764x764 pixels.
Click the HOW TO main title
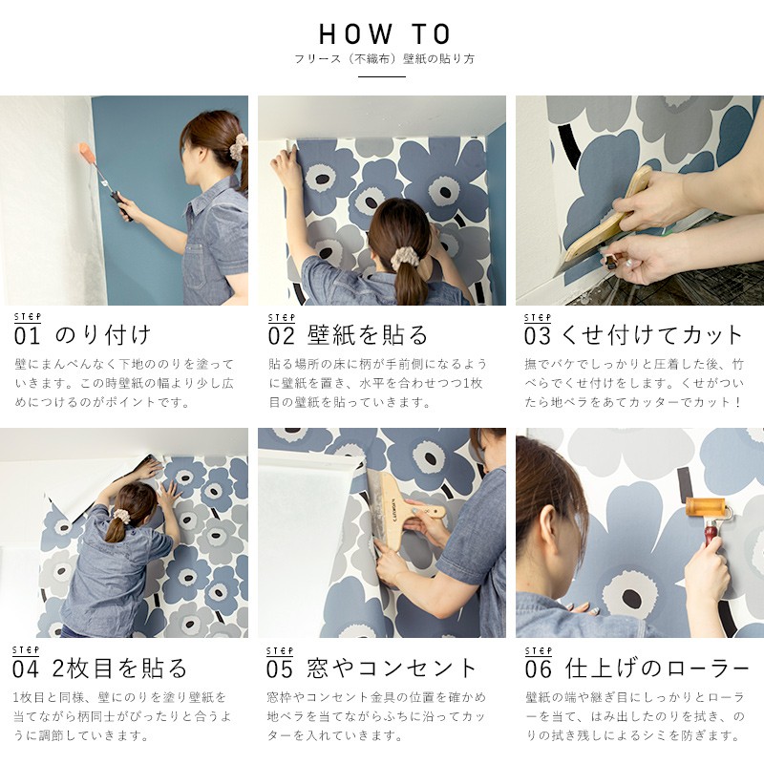point(384,35)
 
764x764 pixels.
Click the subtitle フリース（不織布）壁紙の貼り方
point(384,59)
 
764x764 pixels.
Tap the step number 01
point(27,336)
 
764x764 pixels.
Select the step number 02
point(283,336)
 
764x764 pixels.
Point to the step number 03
point(538,336)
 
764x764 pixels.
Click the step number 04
point(27,668)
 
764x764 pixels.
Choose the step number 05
point(283,668)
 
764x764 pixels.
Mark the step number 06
point(538,668)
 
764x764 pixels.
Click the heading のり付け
point(103,335)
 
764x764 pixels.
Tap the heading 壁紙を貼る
point(368,335)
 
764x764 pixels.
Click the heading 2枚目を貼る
point(120,668)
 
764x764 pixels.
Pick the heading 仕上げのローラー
point(659,668)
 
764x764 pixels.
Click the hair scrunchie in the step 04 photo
point(120,516)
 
